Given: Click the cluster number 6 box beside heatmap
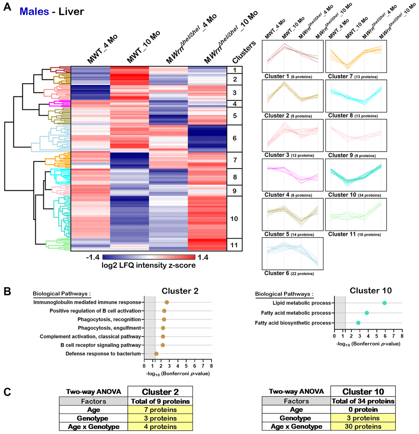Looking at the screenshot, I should (235, 138).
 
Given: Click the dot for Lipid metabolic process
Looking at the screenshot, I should (384, 303).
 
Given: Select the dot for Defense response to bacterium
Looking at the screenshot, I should (156, 354).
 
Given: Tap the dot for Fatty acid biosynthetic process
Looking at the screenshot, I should (358, 323).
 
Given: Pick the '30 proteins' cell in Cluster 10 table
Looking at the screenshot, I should (363, 427).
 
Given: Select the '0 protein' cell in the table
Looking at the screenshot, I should (363, 410).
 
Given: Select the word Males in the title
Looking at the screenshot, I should (35, 11).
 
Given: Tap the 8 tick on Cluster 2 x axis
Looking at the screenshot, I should (212, 364).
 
